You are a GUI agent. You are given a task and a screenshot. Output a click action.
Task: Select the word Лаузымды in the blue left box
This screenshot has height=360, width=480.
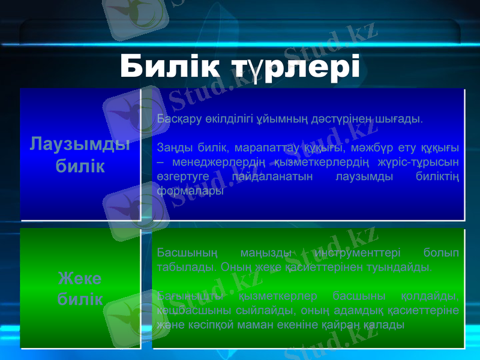click(80, 144)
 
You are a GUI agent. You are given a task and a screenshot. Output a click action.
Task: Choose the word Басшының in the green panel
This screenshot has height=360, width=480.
click(182, 252)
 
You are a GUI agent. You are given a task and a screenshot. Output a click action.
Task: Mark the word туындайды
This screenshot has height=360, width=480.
click(401, 267)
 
